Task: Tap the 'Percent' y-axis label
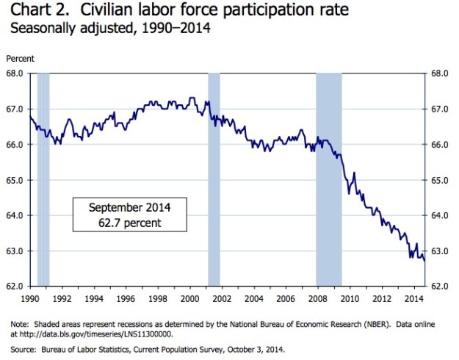pyautogui.click(x=20, y=58)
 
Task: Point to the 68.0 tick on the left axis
pyautogui.click(x=16, y=73)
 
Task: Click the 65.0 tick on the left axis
pyautogui.click(x=16, y=180)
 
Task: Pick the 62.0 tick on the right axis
pyautogui.click(x=439, y=286)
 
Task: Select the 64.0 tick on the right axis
pyautogui.click(x=439, y=215)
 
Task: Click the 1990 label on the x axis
pyautogui.click(x=30, y=298)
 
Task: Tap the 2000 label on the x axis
pyautogui.click(x=189, y=298)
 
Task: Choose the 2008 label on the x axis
pyautogui.click(x=317, y=298)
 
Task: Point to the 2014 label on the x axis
pyautogui.click(x=413, y=298)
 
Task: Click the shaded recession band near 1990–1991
pyautogui.click(x=43, y=176)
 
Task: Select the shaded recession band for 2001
pyautogui.click(x=214, y=176)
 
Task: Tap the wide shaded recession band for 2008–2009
pyautogui.click(x=329, y=176)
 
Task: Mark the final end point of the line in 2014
pyautogui.click(x=424, y=260)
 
